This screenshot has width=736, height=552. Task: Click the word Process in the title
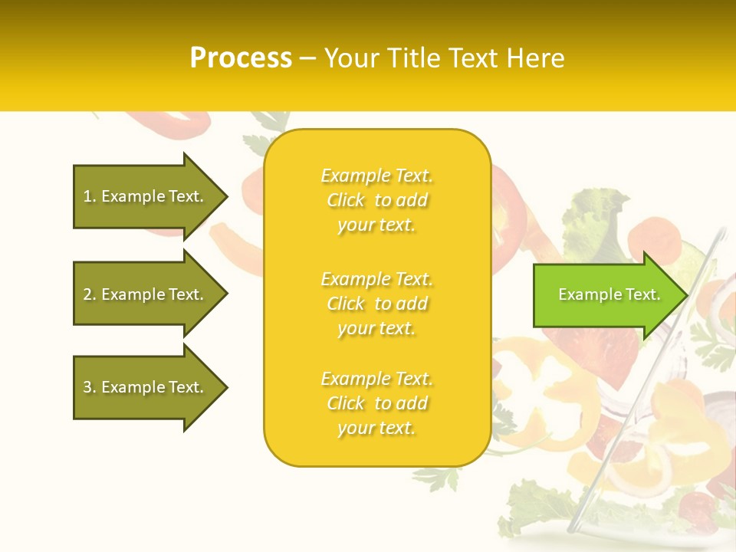click(x=241, y=58)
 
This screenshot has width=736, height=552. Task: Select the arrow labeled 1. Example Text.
click(x=146, y=196)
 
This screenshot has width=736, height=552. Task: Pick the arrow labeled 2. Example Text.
click(x=146, y=294)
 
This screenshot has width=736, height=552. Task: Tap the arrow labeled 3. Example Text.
click(x=146, y=387)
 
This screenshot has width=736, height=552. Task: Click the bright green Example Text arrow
click(x=606, y=294)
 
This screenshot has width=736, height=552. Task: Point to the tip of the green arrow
click(x=686, y=294)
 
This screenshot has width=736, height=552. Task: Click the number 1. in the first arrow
click(x=90, y=196)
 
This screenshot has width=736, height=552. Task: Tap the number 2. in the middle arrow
click(x=90, y=294)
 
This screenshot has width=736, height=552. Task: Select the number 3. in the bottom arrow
click(x=90, y=387)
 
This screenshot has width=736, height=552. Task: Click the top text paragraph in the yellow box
click(x=376, y=200)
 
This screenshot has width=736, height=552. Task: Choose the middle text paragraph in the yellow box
click(x=376, y=304)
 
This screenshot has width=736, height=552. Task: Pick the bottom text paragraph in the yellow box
click(x=376, y=403)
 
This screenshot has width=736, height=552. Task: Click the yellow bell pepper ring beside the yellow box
click(x=537, y=376)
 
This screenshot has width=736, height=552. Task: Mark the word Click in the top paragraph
click(x=346, y=200)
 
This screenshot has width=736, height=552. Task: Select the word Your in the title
click(x=352, y=58)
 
